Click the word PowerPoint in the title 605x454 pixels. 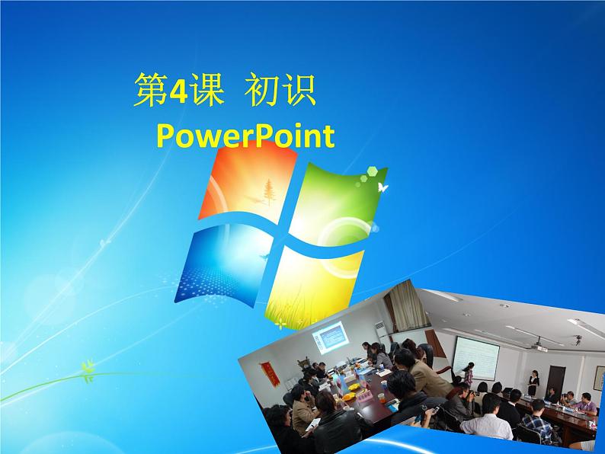tap(245, 136)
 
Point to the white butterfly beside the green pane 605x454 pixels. tap(383, 186)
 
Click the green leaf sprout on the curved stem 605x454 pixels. tap(88, 371)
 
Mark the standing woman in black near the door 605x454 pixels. tap(533, 383)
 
